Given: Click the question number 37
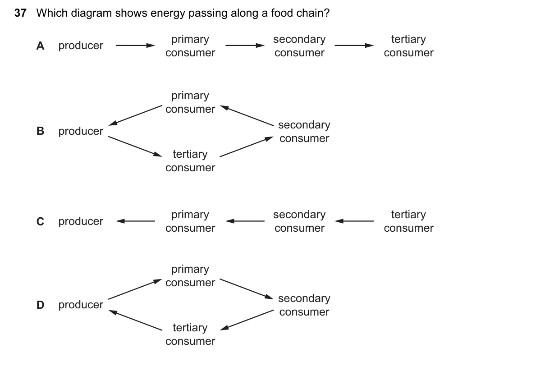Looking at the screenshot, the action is (x=20, y=13).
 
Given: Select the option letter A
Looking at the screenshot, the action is (x=40, y=46).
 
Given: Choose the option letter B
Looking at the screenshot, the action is (x=40, y=131).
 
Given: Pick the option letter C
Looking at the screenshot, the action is (x=40, y=221).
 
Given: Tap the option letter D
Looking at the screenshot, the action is (x=40, y=305).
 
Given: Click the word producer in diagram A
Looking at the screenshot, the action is (x=81, y=46).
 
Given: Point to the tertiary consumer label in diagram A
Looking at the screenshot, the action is (x=409, y=46).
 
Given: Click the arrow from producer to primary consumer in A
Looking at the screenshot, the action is (x=135, y=46).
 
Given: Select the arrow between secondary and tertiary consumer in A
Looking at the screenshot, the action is (x=354, y=46).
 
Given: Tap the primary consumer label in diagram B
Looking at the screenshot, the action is (x=190, y=102).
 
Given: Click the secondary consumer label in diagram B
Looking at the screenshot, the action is (x=304, y=132).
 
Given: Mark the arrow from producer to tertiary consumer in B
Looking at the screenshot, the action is (x=135, y=147).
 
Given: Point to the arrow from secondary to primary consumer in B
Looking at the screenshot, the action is (x=247, y=115).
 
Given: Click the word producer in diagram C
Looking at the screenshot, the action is (x=81, y=221).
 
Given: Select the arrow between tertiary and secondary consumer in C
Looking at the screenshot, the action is (x=354, y=221).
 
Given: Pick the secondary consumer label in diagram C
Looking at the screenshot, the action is (x=299, y=221).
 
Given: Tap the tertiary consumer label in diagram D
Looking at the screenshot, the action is (x=190, y=334).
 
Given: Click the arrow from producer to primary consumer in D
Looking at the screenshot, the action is (x=135, y=289).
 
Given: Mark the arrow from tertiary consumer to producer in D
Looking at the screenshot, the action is (x=135, y=320).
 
